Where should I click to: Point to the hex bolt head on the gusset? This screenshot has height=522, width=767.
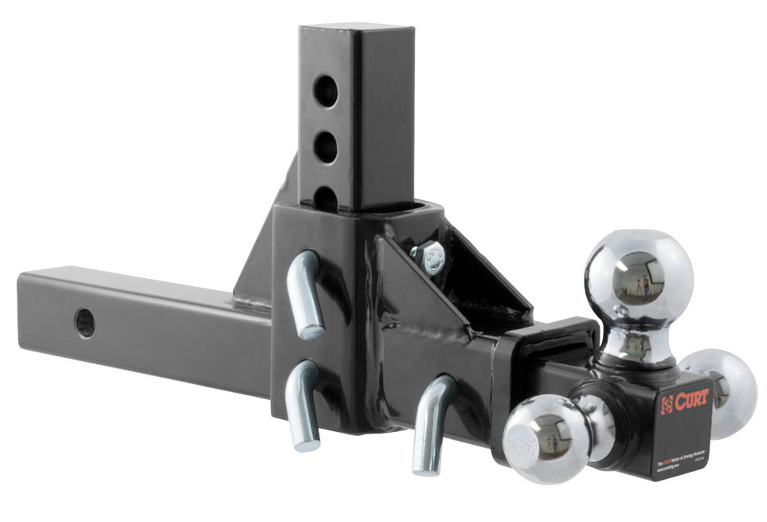429,257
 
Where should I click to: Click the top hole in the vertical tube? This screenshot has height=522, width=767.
326,90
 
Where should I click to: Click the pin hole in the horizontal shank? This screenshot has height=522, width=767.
84,322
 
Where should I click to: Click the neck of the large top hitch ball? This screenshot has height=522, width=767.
632,344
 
